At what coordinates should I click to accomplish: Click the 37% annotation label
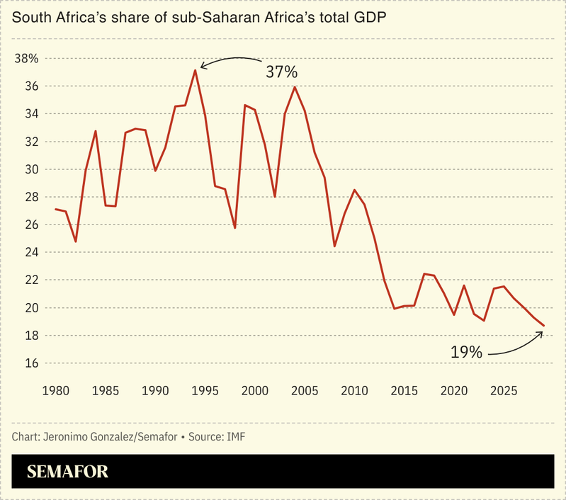(281, 72)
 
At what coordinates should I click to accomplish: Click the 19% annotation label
(466, 351)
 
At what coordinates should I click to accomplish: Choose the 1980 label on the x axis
(55, 390)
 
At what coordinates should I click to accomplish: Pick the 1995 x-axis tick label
(205, 390)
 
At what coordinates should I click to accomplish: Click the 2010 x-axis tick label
(354, 390)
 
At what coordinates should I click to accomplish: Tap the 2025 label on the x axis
(504, 390)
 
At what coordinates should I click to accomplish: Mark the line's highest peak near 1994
(195, 70)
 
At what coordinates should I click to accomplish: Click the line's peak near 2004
(295, 87)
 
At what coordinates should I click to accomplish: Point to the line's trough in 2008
(334, 246)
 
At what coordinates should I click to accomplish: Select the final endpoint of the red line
(543, 326)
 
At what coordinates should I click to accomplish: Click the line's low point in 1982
(75, 242)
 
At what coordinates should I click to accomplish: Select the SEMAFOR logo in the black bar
(67, 472)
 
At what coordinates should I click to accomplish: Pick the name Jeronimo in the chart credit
(70, 436)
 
